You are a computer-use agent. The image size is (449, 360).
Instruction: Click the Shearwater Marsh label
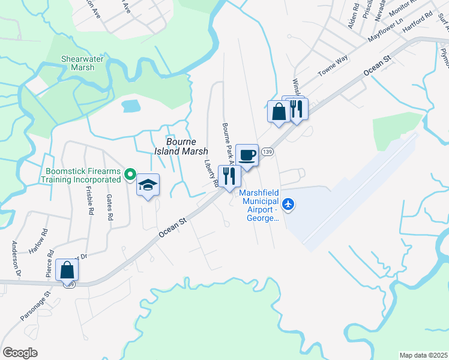point(78,63)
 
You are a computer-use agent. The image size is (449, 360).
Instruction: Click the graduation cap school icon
point(148,185)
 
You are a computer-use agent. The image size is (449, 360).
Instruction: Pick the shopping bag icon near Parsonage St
point(67,270)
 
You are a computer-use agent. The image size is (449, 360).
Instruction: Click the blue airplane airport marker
point(289,205)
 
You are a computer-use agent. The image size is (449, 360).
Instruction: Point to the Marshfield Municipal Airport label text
point(261,205)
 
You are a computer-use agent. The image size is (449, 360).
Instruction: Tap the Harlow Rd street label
point(38,240)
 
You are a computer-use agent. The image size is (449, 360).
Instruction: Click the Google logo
point(20,353)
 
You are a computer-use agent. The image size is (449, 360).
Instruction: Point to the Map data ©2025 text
point(423,355)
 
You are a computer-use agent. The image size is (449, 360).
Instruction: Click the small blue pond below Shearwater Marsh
point(131,107)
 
